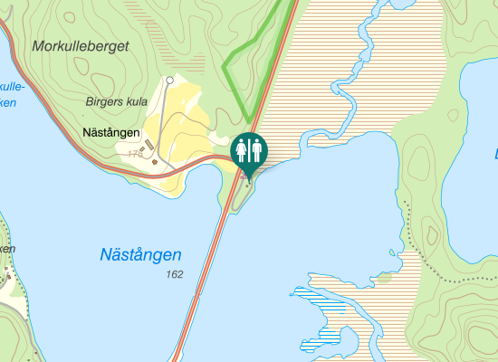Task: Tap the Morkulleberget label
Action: [81, 45]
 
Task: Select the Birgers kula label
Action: [116, 101]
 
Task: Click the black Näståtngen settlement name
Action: [110, 133]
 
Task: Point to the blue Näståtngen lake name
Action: [140, 255]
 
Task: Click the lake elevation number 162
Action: [174, 273]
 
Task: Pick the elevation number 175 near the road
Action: [136, 155]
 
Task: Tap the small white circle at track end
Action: [169, 81]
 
